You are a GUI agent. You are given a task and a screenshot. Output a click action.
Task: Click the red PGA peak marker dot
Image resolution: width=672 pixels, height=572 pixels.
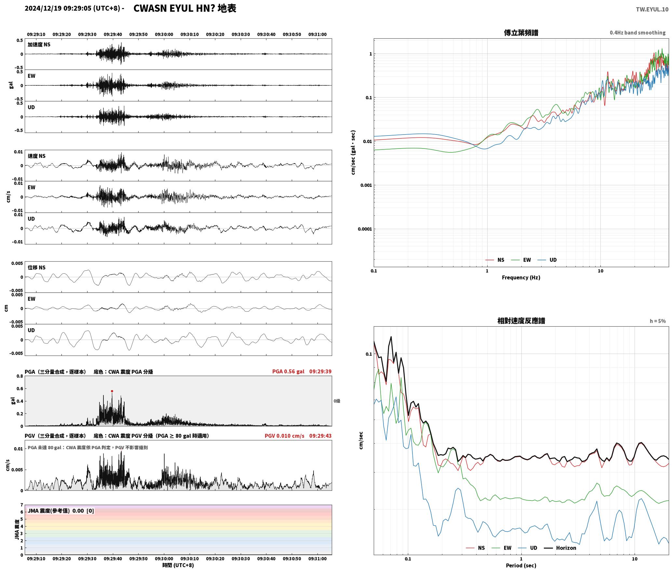click(112, 391)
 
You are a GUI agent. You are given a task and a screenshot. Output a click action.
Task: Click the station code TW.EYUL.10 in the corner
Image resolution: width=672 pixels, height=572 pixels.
click(652, 9)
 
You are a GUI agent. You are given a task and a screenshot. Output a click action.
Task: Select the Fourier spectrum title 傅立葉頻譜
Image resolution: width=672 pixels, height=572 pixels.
click(521, 33)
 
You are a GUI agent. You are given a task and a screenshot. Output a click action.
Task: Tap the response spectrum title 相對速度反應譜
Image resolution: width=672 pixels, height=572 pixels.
click(521, 321)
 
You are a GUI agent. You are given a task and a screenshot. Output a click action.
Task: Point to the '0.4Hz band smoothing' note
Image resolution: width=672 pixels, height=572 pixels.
click(638, 33)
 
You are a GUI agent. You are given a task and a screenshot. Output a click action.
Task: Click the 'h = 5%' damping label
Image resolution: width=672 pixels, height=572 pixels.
click(658, 321)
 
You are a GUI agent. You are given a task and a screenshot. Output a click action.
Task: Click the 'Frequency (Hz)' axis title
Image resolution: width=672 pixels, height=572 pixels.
click(521, 278)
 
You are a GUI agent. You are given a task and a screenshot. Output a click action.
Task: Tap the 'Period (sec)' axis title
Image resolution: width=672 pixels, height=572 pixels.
click(521, 565)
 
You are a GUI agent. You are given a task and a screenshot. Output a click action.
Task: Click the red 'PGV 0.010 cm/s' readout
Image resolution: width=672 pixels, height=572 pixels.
click(284, 436)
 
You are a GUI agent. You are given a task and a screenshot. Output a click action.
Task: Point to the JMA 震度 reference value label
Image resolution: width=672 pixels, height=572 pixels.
click(61, 511)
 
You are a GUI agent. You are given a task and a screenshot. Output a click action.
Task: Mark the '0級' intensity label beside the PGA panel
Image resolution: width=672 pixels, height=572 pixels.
click(337, 401)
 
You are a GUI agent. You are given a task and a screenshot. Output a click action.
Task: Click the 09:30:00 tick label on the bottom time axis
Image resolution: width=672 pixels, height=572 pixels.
click(164, 559)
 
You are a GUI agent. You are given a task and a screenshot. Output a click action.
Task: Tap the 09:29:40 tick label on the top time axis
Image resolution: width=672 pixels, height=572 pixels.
click(113, 34)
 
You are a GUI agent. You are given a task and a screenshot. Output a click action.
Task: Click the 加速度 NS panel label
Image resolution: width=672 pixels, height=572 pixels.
click(39, 45)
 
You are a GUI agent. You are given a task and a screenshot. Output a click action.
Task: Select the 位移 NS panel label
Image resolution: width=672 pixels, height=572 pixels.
click(36, 267)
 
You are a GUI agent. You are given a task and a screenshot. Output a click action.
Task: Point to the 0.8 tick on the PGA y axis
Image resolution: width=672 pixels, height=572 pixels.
click(20, 376)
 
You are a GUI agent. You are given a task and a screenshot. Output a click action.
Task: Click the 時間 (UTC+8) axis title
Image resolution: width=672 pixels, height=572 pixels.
click(178, 565)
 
